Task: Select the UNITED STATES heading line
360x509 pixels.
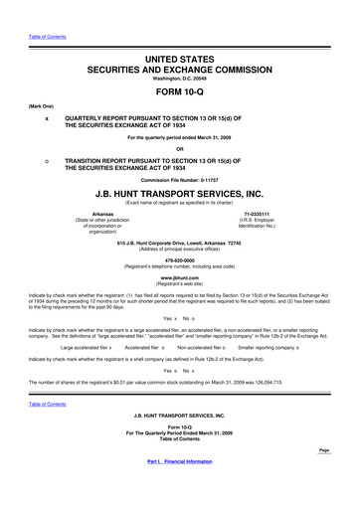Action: [x=180, y=34]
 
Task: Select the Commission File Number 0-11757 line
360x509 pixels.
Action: [x=179, y=180]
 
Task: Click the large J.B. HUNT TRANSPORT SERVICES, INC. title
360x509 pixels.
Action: [x=180, y=195]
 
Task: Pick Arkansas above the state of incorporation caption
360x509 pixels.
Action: [x=102, y=214]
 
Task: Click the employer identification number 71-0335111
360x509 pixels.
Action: [x=256, y=214]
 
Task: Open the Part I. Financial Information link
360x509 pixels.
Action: [x=179, y=489]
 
